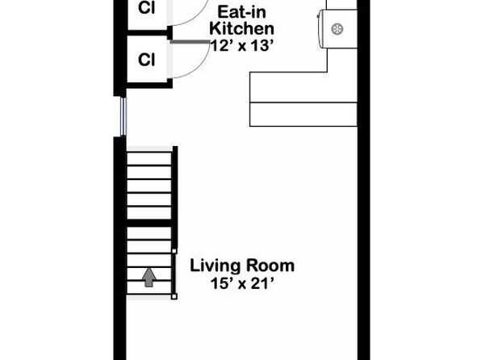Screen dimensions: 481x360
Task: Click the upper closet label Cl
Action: coord(146,8)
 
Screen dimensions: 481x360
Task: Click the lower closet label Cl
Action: coord(146,60)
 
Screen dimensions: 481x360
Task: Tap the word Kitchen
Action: coord(241,28)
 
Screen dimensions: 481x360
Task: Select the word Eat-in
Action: coord(241,12)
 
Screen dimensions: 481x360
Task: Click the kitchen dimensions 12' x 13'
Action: coord(241,46)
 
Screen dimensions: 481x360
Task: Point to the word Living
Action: coord(216,266)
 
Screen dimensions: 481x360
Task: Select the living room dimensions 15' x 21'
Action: coord(242,283)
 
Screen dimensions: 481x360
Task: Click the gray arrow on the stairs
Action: coord(148,277)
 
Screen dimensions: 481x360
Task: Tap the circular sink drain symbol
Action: coord(337,29)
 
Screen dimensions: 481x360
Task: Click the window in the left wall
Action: coord(123,116)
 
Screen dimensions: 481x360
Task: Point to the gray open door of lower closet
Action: coord(190,42)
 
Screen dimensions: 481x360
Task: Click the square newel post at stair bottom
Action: coord(174,296)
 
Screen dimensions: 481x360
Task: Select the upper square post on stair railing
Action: coord(174,251)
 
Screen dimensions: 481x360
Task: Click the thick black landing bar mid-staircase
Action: coord(149,223)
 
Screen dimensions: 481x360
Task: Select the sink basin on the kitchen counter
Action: coord(337,29)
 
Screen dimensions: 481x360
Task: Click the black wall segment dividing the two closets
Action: coord(149,33)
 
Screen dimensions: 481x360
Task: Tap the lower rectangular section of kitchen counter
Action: coord(303,114)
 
